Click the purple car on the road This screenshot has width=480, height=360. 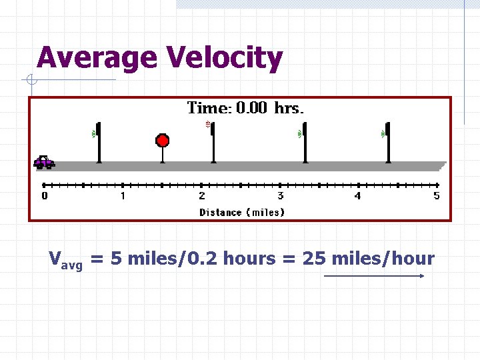point(44,161)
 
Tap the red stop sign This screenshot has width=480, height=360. point(162,141)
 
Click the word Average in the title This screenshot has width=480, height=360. point(96,57)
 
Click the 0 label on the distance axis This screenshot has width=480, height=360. point(45,196)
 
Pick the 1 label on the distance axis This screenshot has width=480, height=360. point(123,196)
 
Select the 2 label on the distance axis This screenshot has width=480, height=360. point(202,196)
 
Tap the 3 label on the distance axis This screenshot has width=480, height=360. point(280,196)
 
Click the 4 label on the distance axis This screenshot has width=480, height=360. point(358,196)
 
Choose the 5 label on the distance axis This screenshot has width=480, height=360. point(437,196)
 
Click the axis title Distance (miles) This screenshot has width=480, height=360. point(242,213)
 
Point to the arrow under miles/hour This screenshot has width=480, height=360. point(374,275)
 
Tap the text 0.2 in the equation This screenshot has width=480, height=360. point(204,259)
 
